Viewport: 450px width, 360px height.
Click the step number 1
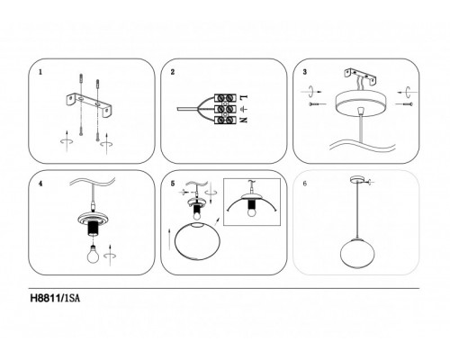[x=40, y=72]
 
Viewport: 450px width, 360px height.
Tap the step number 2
[x=173, y=72]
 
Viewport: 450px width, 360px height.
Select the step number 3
[x=305, y=72]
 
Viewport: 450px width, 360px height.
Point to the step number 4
[x=40, y=184]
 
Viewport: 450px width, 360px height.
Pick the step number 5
[x=173, y=184]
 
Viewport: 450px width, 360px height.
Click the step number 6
[x=305, y=184]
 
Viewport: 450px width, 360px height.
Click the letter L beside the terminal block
[x=244, y=97]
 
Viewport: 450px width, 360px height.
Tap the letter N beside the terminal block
[x=244, y=120]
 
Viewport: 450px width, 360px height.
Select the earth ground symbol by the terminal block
[x=244, y=109]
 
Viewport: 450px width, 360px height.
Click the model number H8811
[x=45, y=299]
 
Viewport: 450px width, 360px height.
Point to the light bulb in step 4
[x=93, y=253]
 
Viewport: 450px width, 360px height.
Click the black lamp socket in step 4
[x=94, y=229]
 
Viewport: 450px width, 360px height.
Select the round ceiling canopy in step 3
[x=361, y=102]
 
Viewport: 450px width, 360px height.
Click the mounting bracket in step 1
[x=89, y=104]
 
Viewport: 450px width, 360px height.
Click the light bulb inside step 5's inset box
[x=251, y=212]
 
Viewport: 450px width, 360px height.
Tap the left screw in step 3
[x=317, y=104]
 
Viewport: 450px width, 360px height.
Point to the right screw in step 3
[x=404, y=104]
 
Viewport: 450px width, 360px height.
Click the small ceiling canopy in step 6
[x=357, y=180]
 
